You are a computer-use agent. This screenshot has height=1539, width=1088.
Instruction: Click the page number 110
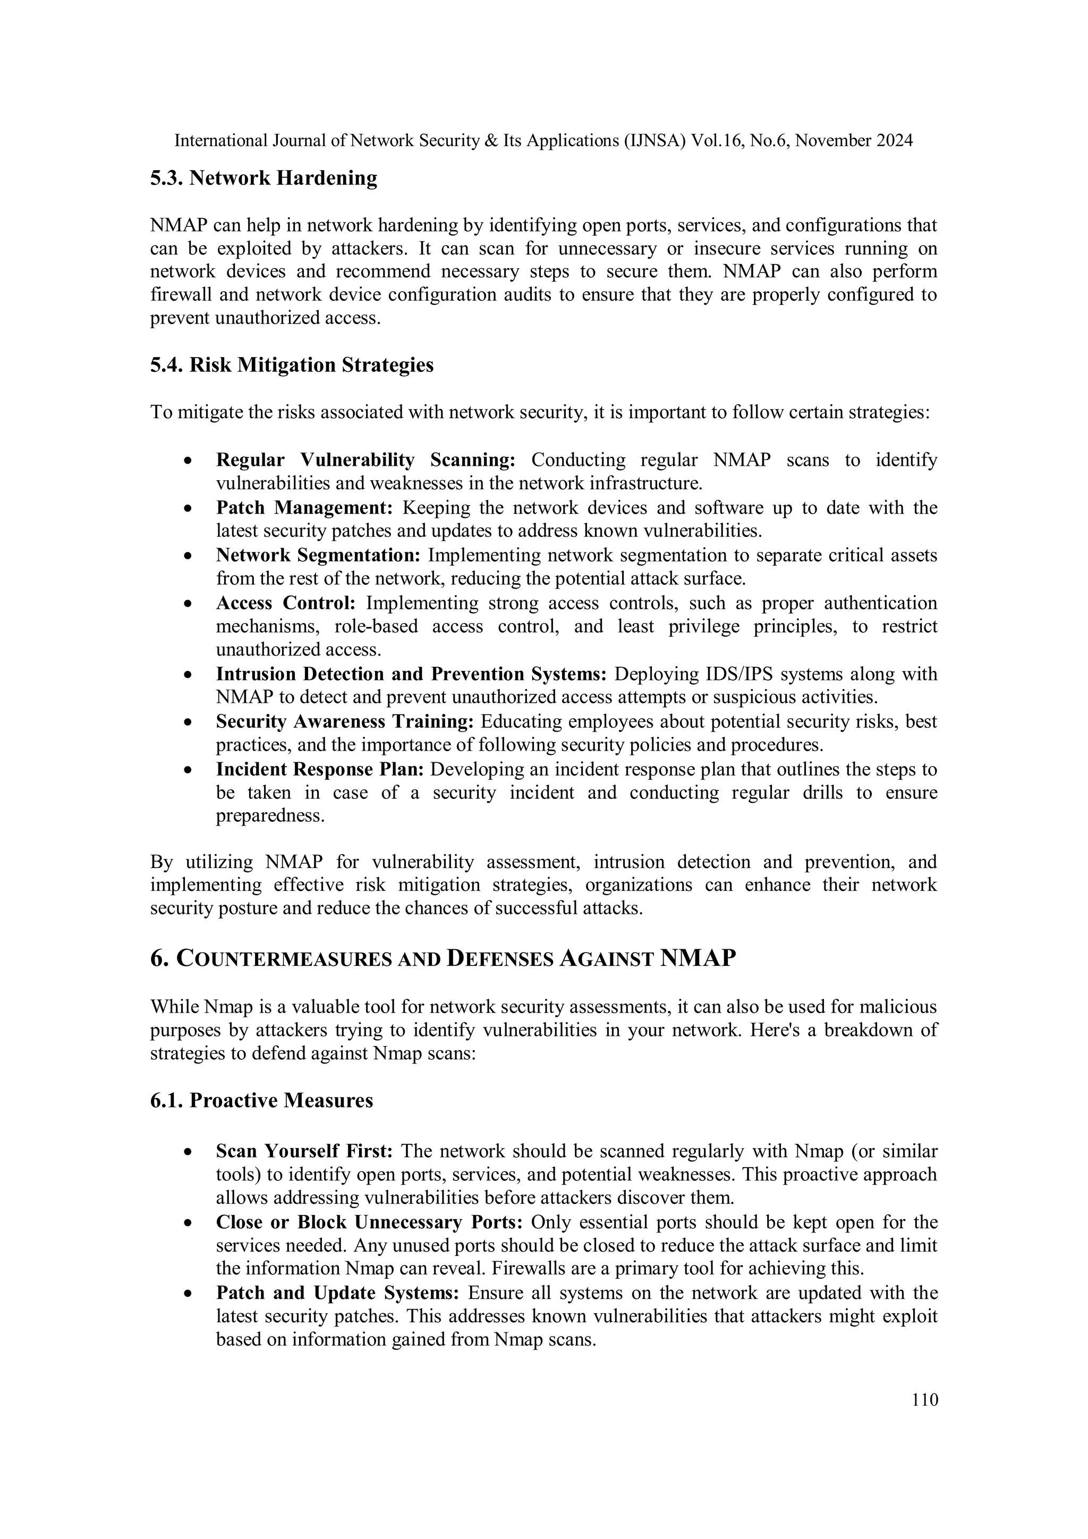click(x=924, y=1400)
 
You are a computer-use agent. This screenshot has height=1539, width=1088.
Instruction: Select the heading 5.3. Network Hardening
click(x=263, y=178)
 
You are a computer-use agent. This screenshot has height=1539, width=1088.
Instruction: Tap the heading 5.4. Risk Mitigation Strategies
click(x=292, y=365)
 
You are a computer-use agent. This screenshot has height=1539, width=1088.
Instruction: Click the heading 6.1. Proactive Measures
click(x=261, y=1101)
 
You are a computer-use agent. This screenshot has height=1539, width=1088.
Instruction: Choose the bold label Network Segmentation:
click(x=318, y=556)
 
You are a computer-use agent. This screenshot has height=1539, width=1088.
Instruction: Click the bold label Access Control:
click(x=286, y=603)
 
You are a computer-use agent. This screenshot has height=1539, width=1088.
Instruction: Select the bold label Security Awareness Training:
click(x=345, y=722)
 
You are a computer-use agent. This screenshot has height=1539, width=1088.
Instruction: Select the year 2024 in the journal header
click(x=894, y=141)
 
